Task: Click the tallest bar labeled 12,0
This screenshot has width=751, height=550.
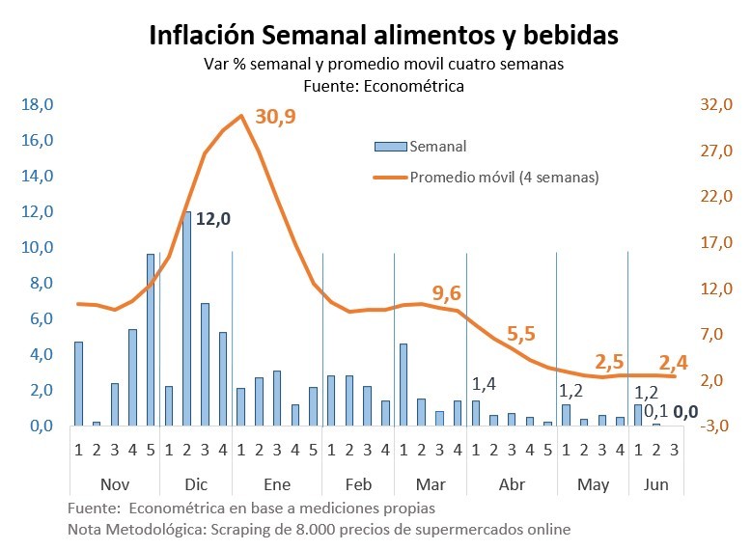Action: click(x=186, y=318)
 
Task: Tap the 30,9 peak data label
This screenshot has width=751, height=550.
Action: click(x=276, y=117)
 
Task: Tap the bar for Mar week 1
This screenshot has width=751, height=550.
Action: click(x=403, y=384)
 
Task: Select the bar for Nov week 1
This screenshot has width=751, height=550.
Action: click(x=78, y=383)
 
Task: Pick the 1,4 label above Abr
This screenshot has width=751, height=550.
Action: click(x=485, y=384)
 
